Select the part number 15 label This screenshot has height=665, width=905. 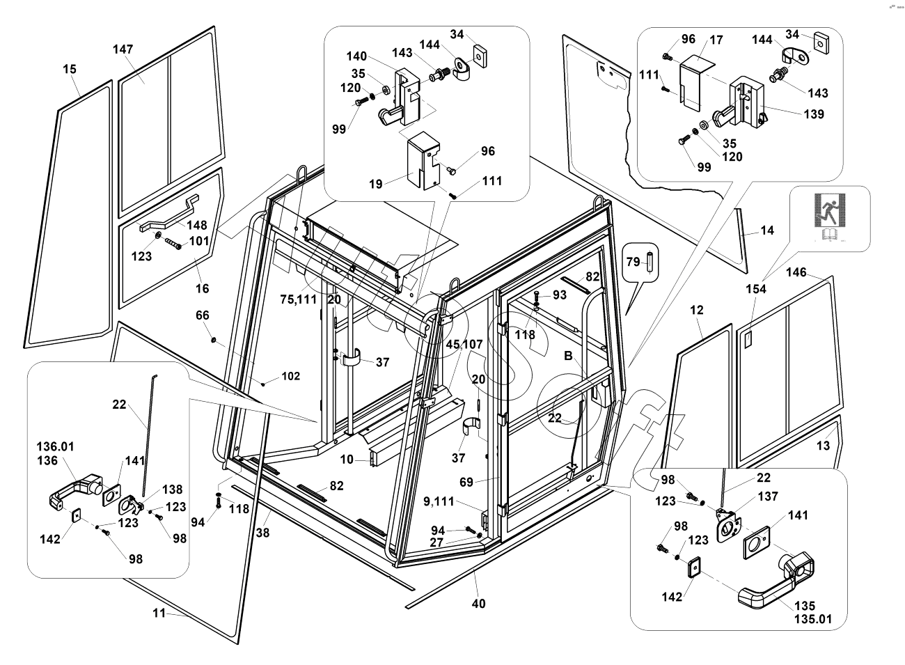point(70,69)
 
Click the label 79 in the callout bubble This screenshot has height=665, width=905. point(633,262)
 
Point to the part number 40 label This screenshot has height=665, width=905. point(478,604)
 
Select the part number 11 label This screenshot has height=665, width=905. point(160,613)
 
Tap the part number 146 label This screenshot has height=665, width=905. point(796,272)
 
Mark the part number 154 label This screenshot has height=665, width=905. point(756,289)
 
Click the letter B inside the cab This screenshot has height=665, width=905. point(568,355)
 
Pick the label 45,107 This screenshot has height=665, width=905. point(464,344)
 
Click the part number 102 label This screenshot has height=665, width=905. point(290,376)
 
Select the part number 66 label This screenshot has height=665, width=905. point(202,315)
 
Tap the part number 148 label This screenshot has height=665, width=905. point(197,225)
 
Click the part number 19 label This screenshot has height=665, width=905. point(375,184)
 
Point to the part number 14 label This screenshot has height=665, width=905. point(767,230)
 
